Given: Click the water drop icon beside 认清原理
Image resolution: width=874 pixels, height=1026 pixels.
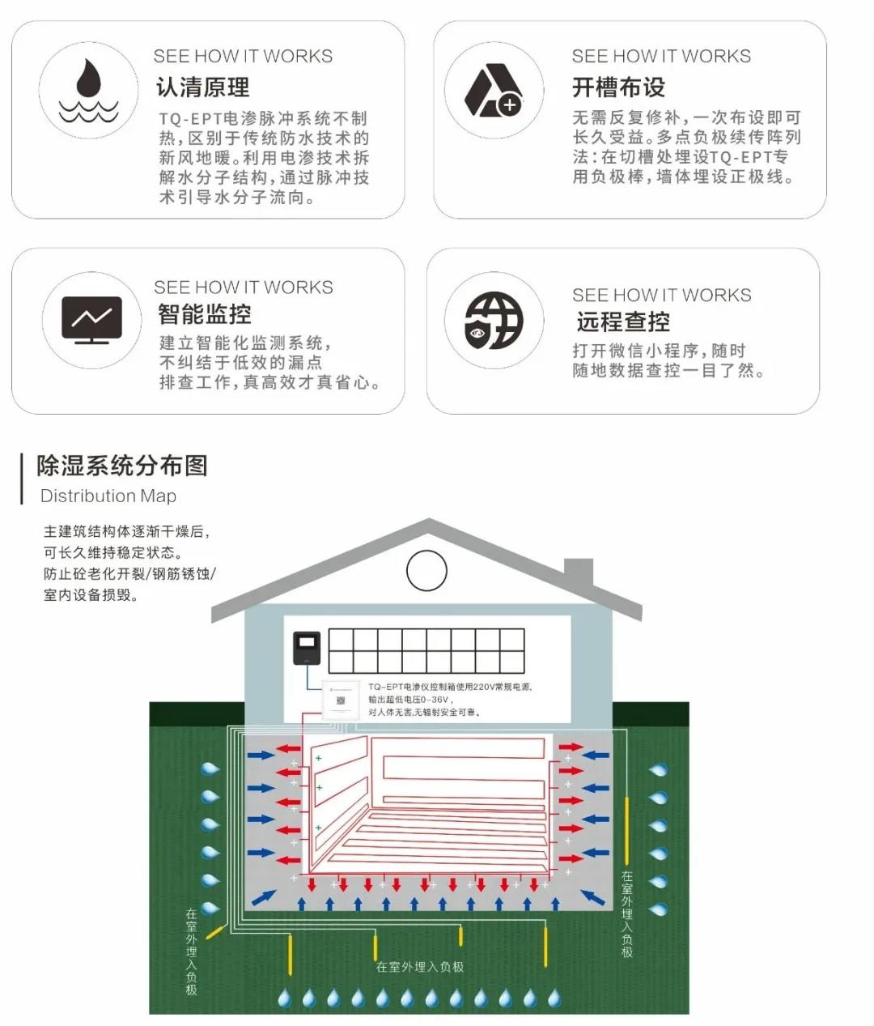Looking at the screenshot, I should pyautogui.click(x=88, y=90).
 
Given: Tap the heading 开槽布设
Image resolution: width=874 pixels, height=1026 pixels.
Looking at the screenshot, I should pyautogui.click(x=618, y=87).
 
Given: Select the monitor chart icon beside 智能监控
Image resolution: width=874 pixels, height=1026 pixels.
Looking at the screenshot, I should pyautogui.click(x=91, y=320).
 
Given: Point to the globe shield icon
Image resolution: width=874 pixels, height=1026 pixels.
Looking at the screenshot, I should pyautogui.click(x=494, y=321).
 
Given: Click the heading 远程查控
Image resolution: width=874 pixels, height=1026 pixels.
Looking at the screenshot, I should pyautogui.click(x=623, y=321).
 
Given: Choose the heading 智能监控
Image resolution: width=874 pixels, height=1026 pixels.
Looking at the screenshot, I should pyautogui.click(x=204, y=314).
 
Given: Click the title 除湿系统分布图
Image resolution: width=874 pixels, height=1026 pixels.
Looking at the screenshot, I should pyautogui.click(x=121, y=466).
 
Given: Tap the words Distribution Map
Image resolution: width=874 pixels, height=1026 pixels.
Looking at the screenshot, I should pyautogui.click(x=108, y=496).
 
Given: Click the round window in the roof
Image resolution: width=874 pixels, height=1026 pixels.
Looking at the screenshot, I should pyautogui.click(x=426, y=571).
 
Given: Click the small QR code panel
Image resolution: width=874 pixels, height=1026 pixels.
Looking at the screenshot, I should pyautogui.click(x=341, y=700).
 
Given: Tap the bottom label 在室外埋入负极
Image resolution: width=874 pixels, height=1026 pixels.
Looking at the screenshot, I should pyautogui.click(x=420, y=967).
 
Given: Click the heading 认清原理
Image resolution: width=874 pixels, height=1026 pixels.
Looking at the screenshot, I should pyautogui.click(x=202, y=87).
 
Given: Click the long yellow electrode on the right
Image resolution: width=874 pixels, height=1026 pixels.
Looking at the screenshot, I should pyautogui.click(x=627, y=830).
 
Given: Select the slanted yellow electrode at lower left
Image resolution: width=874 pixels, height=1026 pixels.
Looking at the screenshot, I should pyautogui.click(x=215, y=931).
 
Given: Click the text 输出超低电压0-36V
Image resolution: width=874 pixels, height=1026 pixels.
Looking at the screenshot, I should pyautogui.click(x=411, y=700).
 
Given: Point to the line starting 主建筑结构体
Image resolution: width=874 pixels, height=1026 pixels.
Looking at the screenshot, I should pyautogui.click(x=127, y=532).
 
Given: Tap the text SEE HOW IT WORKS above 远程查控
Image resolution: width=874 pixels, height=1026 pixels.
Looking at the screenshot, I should pyautogui.click(x=661, y=295).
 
